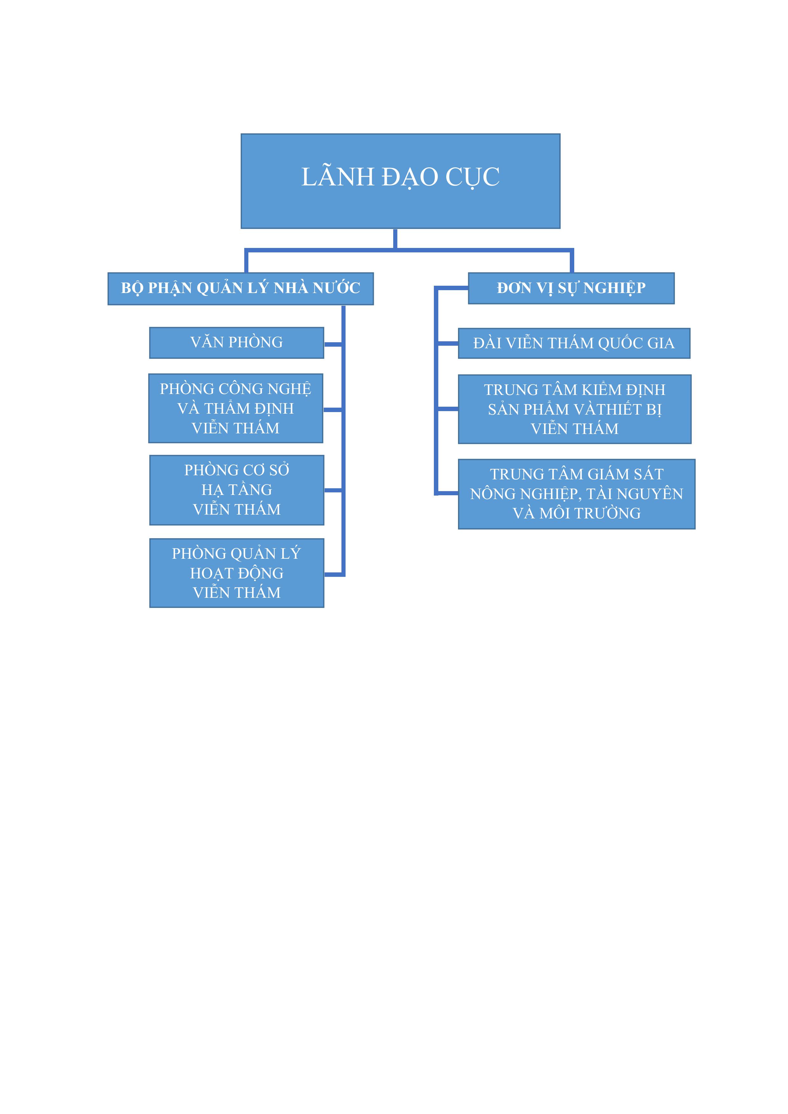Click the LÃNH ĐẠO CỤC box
[x=401, y=181]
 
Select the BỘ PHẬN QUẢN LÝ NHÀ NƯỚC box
[x=241, y=289]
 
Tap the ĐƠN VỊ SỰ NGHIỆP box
[x=571, y=288]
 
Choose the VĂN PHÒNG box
[x=236, y=343]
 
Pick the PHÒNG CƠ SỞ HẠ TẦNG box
[x=236, y=490]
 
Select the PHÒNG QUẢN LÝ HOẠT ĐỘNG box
[x=236, y=573]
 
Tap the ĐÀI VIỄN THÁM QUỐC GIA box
[x=574, y=344]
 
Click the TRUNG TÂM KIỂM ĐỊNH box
[x=575, y=409]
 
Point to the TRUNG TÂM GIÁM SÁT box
[x=577, y=494]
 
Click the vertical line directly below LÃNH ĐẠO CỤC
[x=395, y=239]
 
